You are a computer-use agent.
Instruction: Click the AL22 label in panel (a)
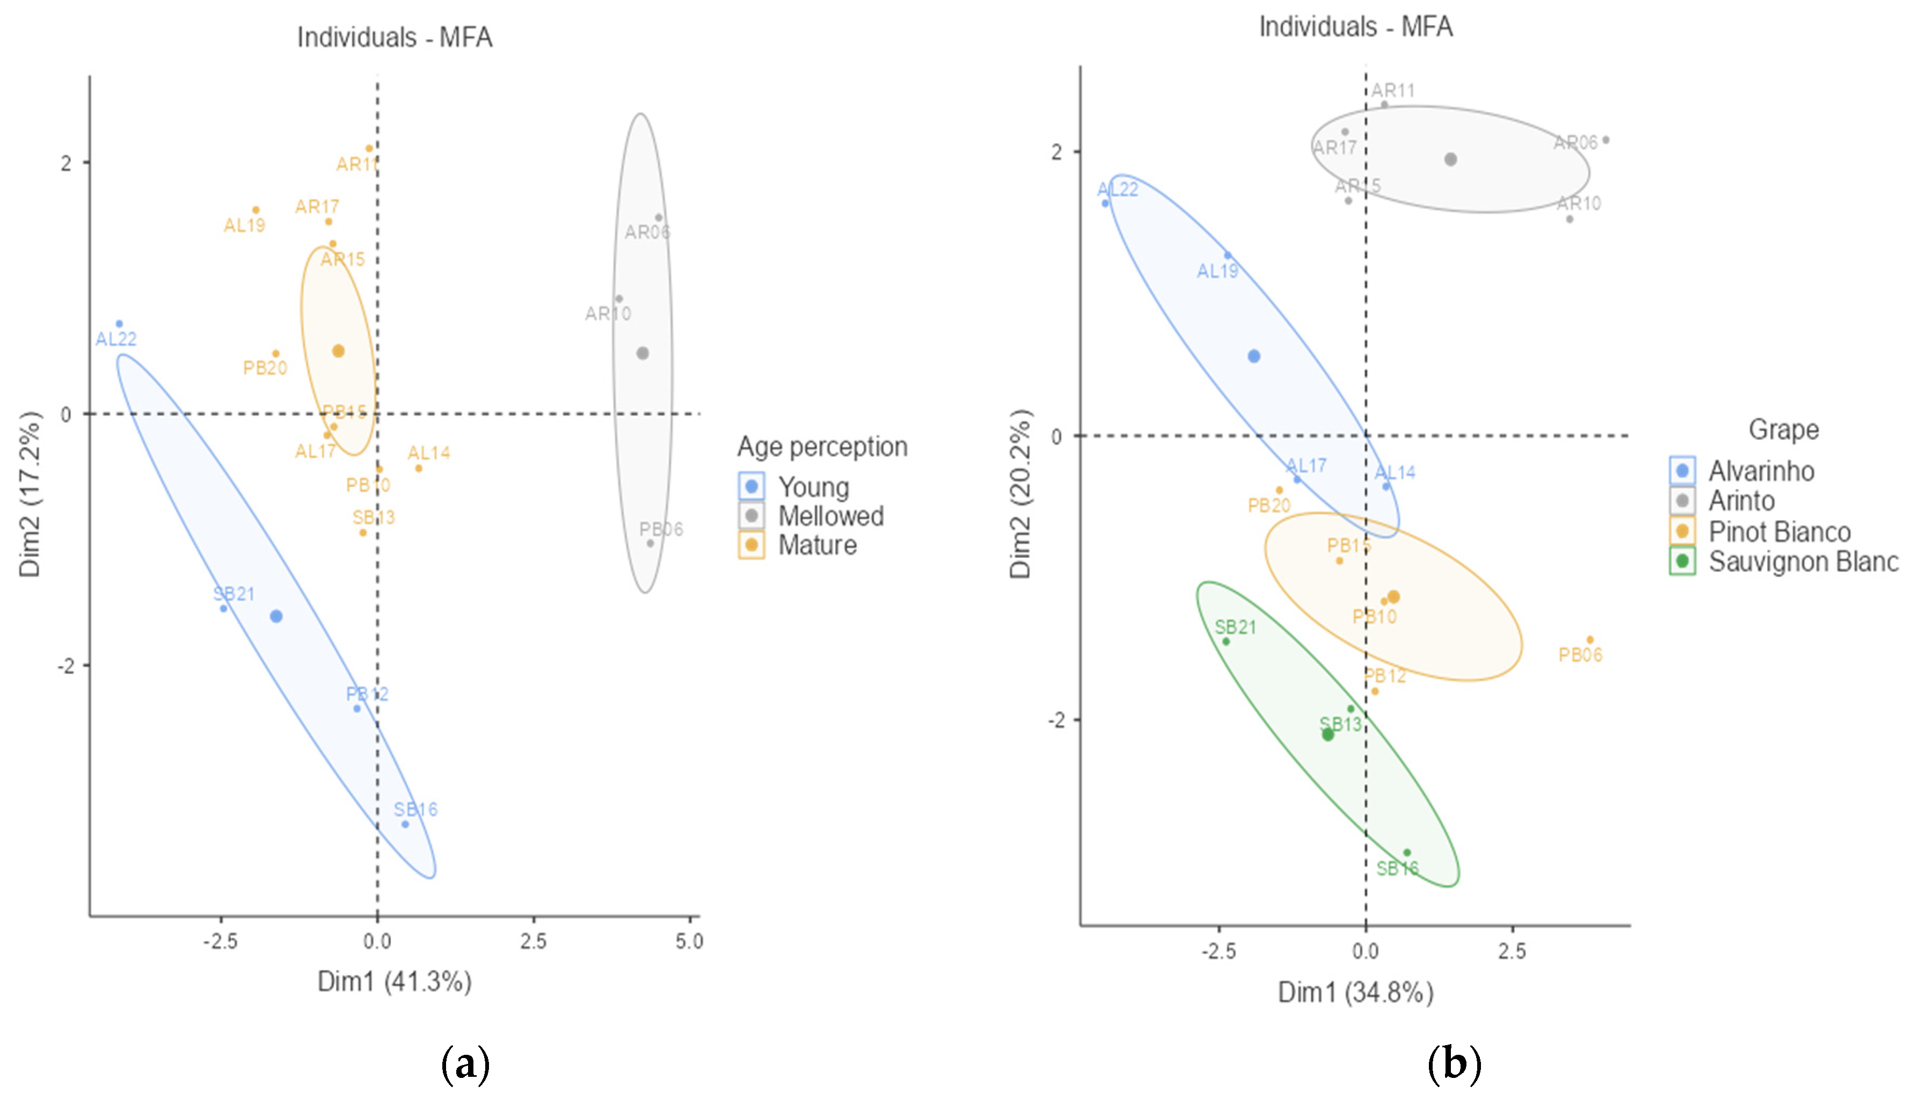click(x=116, y=339)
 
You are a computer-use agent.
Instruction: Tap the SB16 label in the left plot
click(x=415, y=809)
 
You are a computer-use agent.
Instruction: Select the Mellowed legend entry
click(x=830, y=516)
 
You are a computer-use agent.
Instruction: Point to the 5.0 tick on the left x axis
click(x=689, y=942)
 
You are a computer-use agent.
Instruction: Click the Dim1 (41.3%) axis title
click(x=395, y=981)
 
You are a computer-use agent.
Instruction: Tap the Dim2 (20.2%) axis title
click(x=1020, y=494)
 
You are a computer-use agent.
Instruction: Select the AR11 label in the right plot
click(x=1393, y=91)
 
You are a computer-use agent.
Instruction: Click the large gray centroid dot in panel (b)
click(x=1450, y=159)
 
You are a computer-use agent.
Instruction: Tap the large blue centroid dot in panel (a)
click(x=276, y=616)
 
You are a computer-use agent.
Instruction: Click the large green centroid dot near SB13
click(x=1328, y=734)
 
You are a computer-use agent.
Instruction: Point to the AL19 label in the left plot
click(x=244, y=225)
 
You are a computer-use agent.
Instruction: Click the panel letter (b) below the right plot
click(x=1454, y=1064)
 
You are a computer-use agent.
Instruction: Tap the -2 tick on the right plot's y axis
click(x=1057, y=720)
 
